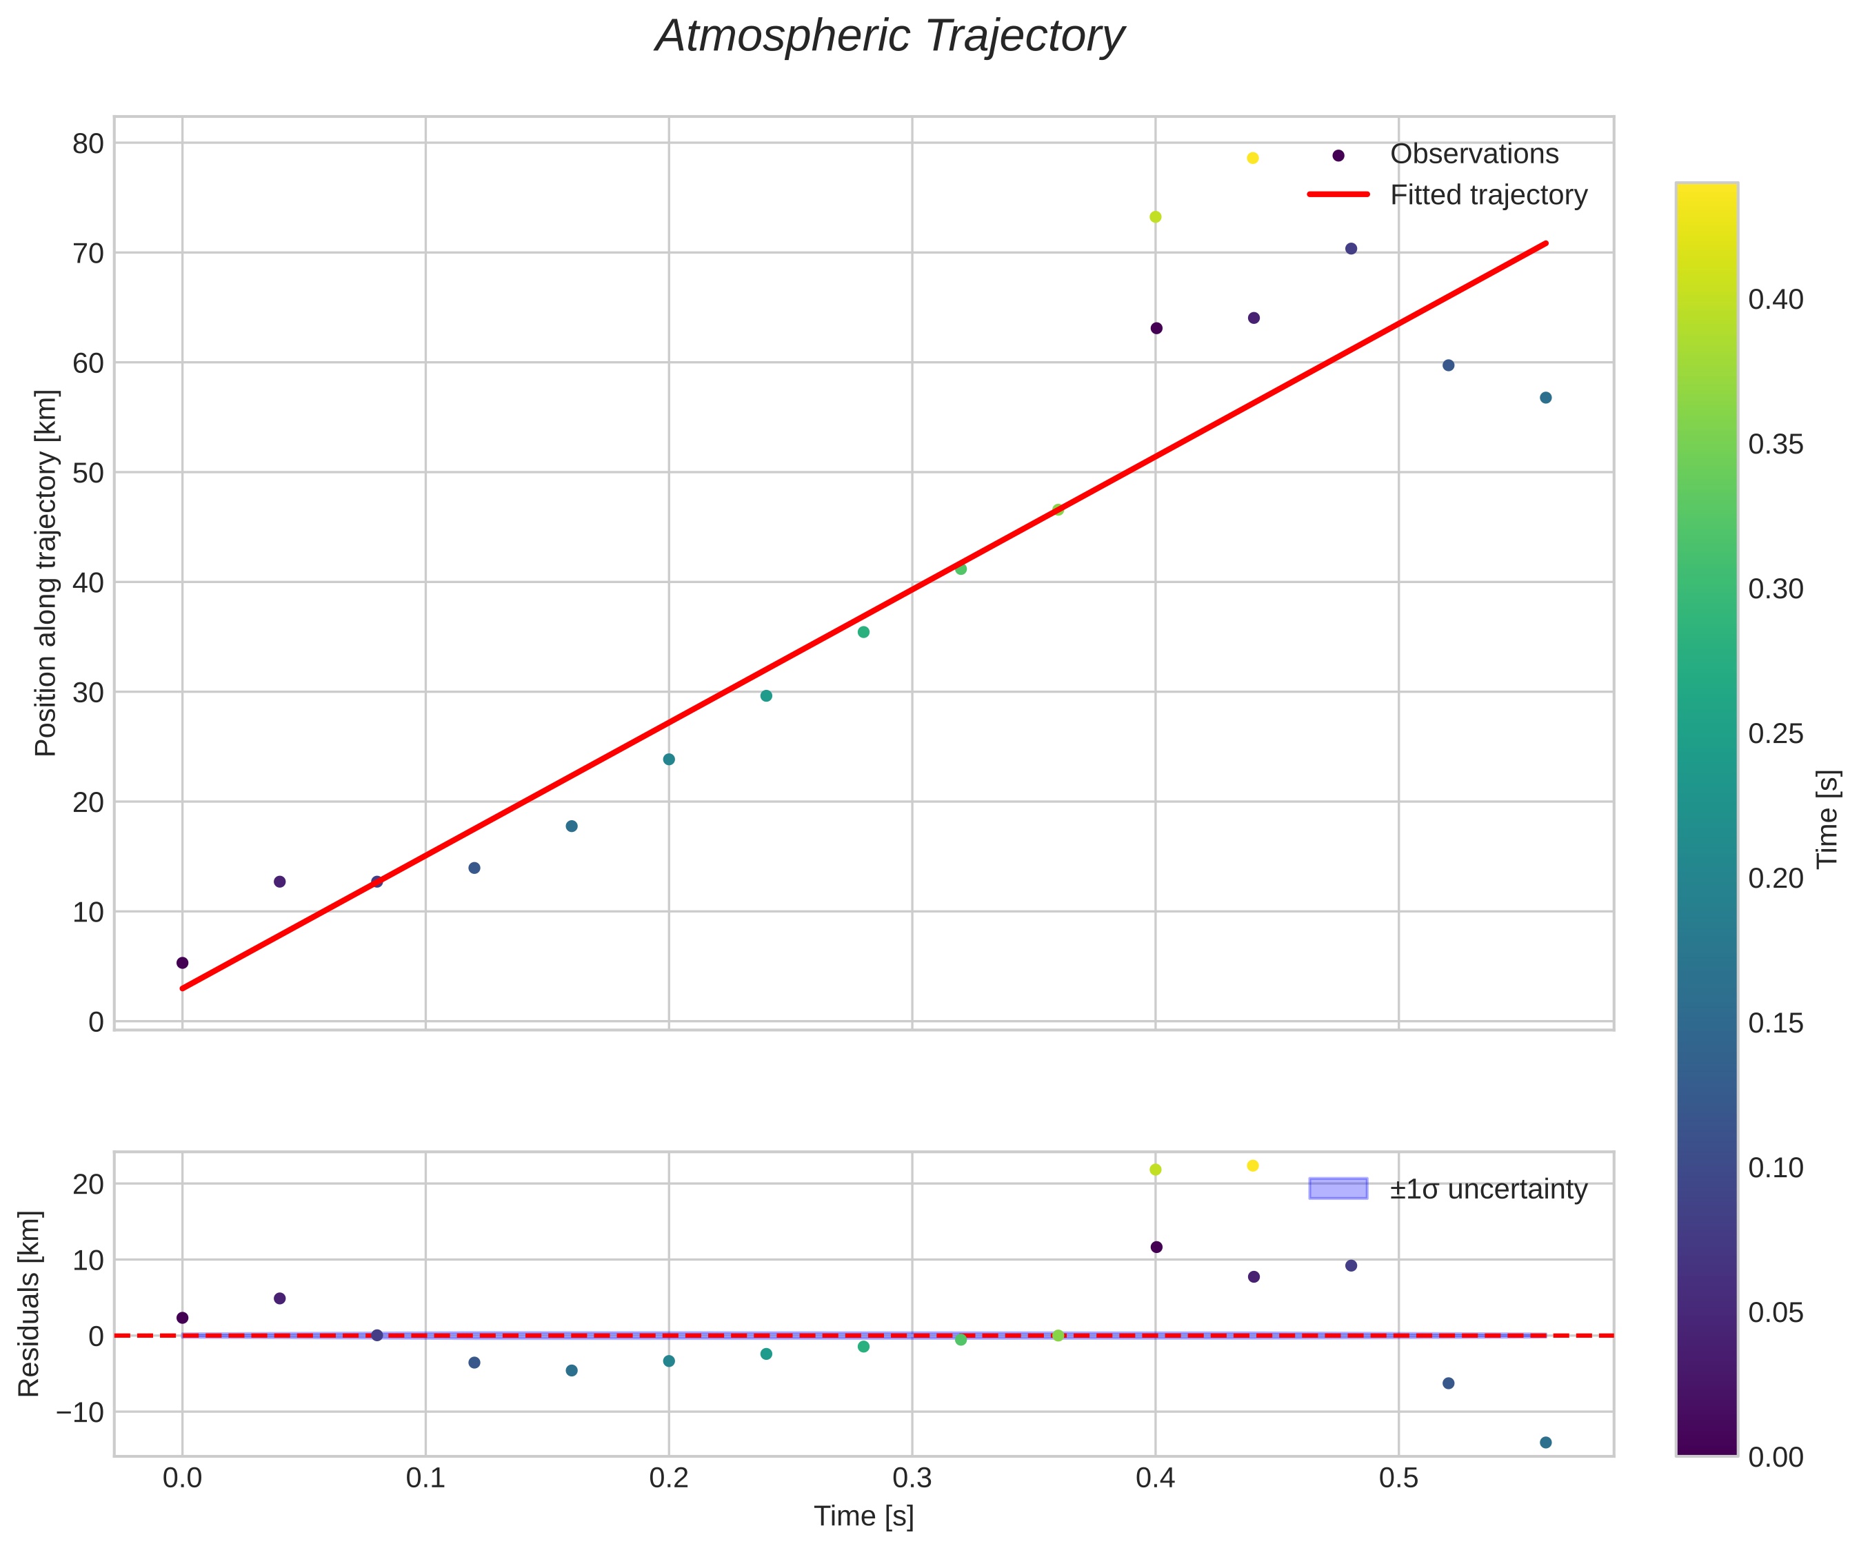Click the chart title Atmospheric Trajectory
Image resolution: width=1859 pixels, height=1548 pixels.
(x=890, y=37)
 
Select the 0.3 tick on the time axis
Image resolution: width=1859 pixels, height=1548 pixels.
(x=912, y=1478)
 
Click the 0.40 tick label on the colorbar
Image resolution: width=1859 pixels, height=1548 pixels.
(x=1776, y=300)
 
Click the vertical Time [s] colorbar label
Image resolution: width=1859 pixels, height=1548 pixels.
(x=1828, y=819)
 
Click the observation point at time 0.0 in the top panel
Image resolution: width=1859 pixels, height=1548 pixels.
(x=182, y=963)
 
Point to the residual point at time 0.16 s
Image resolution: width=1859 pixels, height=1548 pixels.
(x=572, y=1371)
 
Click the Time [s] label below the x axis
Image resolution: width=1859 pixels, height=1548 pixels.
(x=863, y=1516)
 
